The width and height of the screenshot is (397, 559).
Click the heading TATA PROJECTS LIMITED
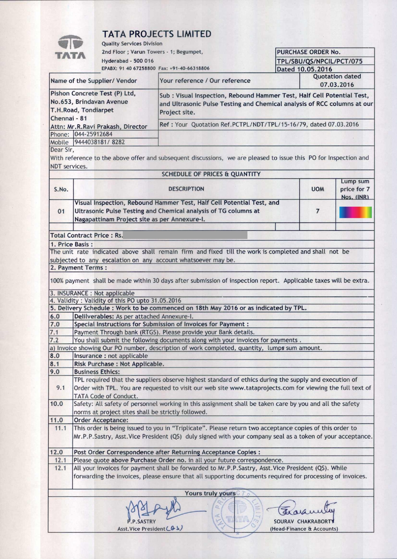[x=157, y=34]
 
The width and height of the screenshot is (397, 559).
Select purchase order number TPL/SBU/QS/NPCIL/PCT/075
[x=320, y=61]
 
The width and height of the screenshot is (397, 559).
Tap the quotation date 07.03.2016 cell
[x=337, y=85]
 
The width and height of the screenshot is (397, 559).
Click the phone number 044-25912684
[x=93, y=134]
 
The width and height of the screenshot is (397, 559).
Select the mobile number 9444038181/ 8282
[x=99, y=142]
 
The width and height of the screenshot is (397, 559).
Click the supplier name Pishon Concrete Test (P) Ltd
[x=93, y=93]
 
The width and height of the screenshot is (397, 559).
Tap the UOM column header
[x=317, y=189]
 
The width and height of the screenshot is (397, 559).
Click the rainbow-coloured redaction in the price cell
[x=355, y=212]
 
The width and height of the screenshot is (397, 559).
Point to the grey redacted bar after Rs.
[x=185, y=235]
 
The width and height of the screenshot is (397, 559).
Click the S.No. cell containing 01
[x=61, y=211]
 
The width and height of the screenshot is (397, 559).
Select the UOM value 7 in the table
[x=317, y=211]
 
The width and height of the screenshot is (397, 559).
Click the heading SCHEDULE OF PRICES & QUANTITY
[x=211, y=174]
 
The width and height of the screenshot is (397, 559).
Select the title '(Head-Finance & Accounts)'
[x=304, y=529]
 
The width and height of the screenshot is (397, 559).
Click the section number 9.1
[x=61, y=388]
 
